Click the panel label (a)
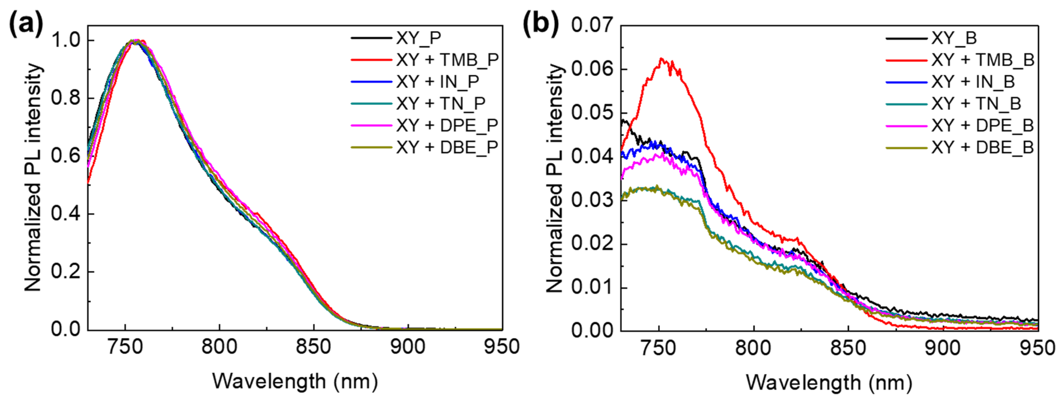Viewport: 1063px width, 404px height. click(26, 24)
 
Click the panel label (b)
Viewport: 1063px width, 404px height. click(541, 24)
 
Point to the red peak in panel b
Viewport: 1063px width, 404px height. click(661, 59)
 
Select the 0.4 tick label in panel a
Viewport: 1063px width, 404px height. click(66, 214)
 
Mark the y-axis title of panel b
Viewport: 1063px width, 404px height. click(555, 178)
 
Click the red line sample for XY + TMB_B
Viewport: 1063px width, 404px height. click(906, 60)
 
